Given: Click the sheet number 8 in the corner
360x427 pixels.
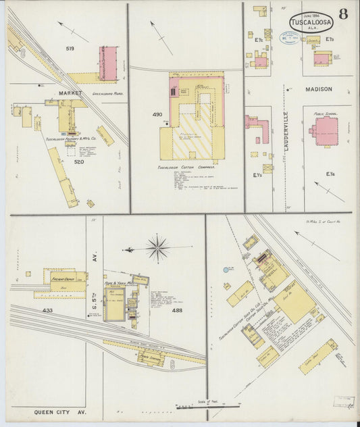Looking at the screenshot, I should coord(343,14).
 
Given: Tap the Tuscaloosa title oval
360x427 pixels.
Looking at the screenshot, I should coord(311,23).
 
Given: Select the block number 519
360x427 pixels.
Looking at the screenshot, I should coord(70,49).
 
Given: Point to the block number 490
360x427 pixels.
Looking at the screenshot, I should coord(157,114).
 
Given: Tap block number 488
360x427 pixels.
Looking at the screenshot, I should coord(177,310).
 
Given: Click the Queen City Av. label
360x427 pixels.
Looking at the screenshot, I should coord(57,411).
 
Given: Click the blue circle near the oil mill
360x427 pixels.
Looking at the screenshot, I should coord(226,270).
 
